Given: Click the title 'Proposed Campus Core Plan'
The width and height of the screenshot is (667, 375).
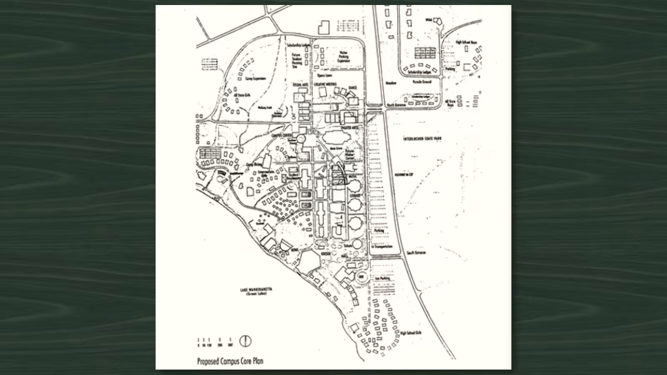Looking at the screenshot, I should pos(230,361).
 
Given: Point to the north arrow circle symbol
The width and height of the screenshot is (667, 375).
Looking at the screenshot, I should pos(245,341).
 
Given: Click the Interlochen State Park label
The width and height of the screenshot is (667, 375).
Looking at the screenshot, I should pos(422,139).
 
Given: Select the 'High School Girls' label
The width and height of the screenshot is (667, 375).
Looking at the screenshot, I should pos(411,333).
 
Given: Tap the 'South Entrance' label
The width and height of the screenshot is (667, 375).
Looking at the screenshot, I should pos(416,252).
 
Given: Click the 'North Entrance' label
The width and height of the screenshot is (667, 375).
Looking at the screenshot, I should pos(396,105).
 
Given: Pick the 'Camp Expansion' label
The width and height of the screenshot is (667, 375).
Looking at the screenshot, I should pos(256,78).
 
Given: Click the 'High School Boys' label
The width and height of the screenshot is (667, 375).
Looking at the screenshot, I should pos(466,42).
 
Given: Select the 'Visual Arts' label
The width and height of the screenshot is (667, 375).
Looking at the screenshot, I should pos(300,85).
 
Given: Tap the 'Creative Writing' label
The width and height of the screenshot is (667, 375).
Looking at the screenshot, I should pos(325,84).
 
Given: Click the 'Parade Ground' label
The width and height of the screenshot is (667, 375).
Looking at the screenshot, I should pos(422,82).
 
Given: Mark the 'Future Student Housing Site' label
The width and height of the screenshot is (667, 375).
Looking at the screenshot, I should pos(297,60).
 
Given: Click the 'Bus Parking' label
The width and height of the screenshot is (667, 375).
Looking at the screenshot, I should pos(382,278).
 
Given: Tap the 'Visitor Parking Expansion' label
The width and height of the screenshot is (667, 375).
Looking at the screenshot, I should pos(344,57).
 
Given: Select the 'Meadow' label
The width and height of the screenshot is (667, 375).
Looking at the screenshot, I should pos(391,83).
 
